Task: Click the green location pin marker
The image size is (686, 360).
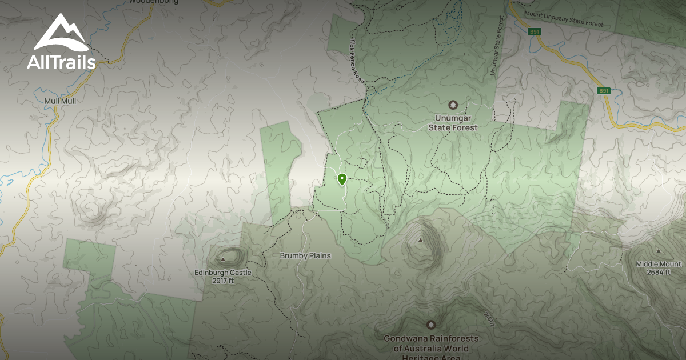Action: [342, 180]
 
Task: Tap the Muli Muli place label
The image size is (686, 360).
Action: [60, 101]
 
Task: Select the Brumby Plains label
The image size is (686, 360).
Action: [305, 255]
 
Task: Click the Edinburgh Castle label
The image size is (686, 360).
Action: [223, 273]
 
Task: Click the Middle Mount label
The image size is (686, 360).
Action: [659, 264]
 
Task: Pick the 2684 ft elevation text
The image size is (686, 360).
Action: [659, 272]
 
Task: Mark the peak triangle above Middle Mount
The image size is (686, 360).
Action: [658, 251]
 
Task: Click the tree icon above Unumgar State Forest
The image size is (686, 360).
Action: [453, 105]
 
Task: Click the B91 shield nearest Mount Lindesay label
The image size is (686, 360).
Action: [535, 32]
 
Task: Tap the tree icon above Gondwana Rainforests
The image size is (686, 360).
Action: [430, 325]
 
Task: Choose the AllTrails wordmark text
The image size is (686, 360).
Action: [61, 62]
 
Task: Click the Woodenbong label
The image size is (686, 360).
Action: [153, 2]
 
